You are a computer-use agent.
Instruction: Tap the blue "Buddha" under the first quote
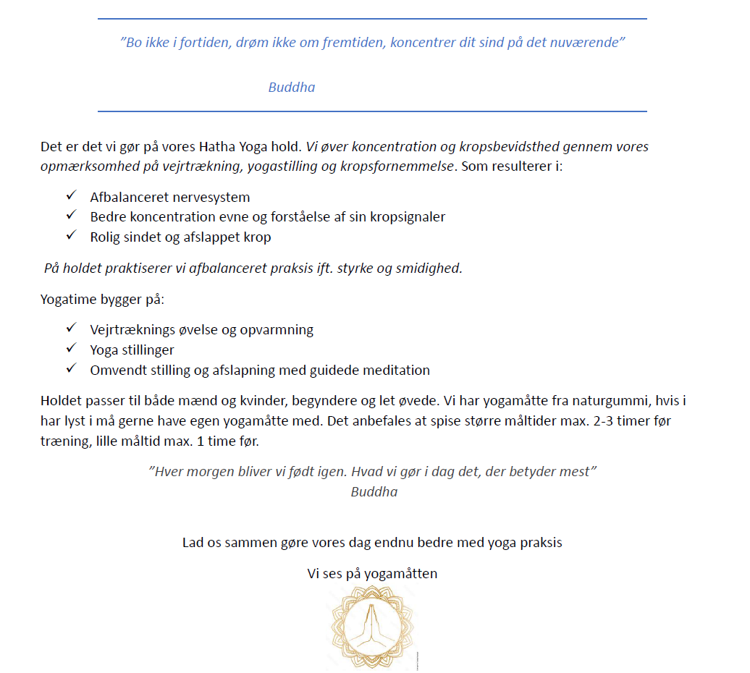[291, 87]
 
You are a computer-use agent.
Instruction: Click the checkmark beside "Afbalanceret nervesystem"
[71, 196]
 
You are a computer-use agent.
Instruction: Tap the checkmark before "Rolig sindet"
[71, 236]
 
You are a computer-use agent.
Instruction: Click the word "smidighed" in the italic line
[430, 268]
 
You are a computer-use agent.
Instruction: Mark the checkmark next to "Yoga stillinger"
[71, 349]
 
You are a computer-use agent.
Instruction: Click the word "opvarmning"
[279, 329]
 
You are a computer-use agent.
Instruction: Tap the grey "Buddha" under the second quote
[374, 491]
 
